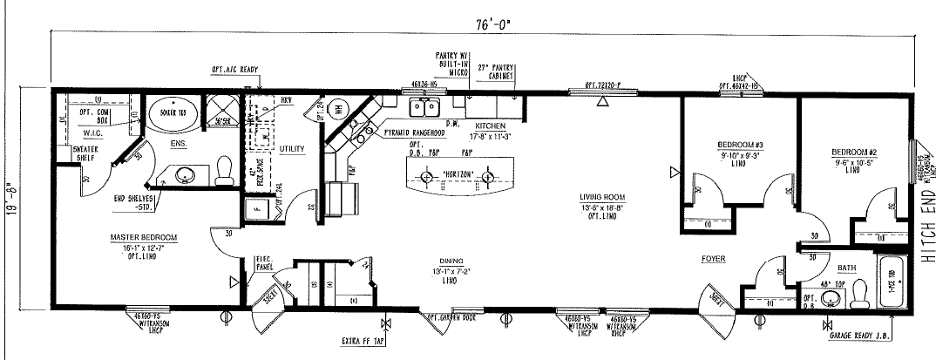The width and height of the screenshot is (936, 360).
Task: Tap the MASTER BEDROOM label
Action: pyautogui.click(x=144, y=237)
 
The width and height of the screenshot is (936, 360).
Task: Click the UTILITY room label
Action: pyautogui.click(x=292, y=149)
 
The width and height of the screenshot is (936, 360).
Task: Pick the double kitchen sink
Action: pyautogui.click(x=427, y=108)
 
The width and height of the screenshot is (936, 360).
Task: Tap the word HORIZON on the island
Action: pyautogui.click(x=458, y=174)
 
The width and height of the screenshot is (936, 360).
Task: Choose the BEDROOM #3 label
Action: pyautogui.click(x=722, y=144)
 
